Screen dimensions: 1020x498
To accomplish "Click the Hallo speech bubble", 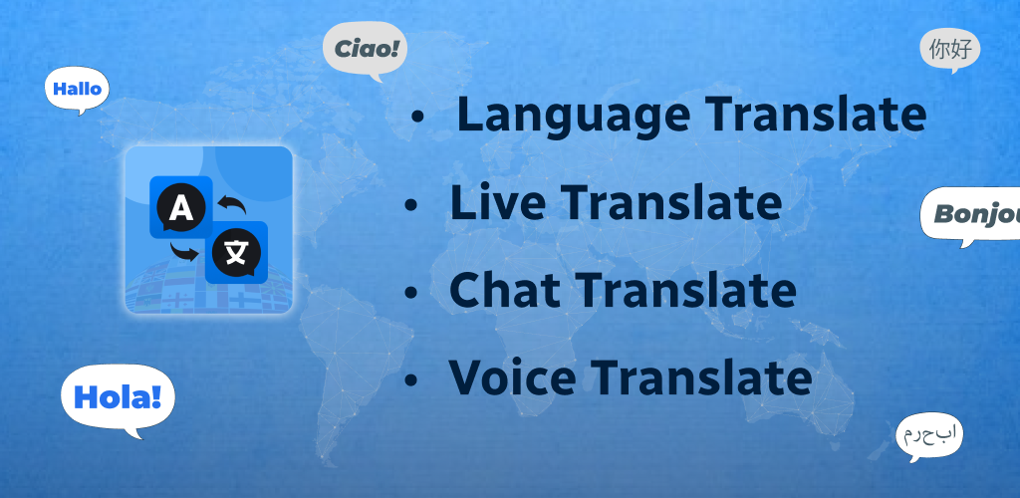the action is (77, 89).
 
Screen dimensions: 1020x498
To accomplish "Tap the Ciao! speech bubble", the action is (365, 48).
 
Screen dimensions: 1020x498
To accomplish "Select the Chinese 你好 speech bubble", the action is (949, 50).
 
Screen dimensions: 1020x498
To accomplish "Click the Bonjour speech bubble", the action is (970, 214).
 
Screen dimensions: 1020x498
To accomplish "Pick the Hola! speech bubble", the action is (118, 397).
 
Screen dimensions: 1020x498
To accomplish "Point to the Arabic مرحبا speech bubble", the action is (929, 434).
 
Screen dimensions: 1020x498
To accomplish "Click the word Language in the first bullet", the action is (573, 116).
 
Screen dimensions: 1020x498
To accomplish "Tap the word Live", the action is (498, 203).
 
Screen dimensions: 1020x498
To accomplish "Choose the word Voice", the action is (513, 377).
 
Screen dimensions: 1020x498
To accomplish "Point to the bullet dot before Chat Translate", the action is (410, 293).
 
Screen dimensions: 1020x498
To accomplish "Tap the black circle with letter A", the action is (181, 208).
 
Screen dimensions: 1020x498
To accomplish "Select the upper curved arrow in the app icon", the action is (232, 203).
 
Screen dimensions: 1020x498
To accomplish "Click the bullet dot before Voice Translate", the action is (410, 380).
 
